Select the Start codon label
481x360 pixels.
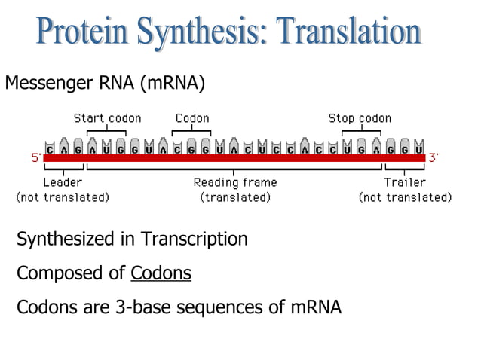107,118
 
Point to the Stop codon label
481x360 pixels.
360,118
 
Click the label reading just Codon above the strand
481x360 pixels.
192,118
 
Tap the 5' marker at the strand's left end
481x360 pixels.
35,158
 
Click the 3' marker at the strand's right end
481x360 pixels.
434,158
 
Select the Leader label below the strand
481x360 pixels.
63,182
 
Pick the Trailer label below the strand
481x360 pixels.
405,182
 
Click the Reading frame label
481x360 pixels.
235,182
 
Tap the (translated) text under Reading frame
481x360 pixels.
235,197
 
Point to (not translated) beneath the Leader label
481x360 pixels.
63,197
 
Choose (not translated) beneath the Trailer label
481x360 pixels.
405,197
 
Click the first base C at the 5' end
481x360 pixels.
50,149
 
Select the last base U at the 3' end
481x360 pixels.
419,149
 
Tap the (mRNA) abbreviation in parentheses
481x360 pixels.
170,83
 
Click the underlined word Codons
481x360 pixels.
161,273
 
